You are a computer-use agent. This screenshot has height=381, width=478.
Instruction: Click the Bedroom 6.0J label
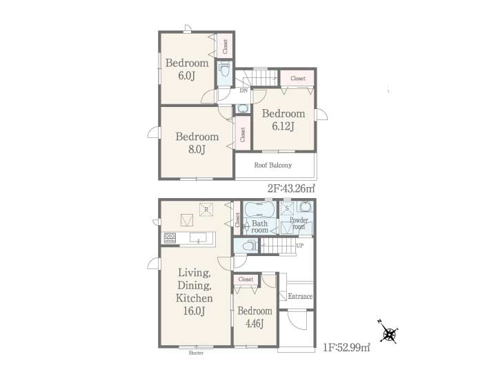[x=187, y=69]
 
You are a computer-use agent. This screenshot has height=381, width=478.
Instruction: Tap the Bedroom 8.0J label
[x=197, y=143]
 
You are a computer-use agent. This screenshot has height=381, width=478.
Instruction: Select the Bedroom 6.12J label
[x=283, y=120]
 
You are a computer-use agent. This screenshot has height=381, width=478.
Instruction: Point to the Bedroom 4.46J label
[x=255, y=317]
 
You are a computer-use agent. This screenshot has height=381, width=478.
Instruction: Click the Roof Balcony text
[x=273, y=166]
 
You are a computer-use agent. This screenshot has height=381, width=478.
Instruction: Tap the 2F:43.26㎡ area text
[x=291, y=188]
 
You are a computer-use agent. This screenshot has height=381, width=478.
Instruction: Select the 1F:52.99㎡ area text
[x=347, y=347]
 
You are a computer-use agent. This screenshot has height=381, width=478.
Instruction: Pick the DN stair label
[x=243, y=90]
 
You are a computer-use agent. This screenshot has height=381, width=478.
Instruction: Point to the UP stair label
[x=300, y=246]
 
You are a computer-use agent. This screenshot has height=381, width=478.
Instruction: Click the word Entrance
[x=300, y=296]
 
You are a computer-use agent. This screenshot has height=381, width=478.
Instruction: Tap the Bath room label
[x=259, y=226]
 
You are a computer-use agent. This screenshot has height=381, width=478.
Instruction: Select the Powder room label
[x=299, y=224]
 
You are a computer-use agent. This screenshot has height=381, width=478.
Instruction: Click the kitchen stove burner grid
[x=170, y=238]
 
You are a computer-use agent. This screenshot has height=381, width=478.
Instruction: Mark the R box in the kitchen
[x=206, y=210]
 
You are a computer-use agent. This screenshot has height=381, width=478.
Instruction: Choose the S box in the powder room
[x=287, y=208]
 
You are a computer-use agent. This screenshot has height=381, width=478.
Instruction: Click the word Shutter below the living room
[x=196, y=353]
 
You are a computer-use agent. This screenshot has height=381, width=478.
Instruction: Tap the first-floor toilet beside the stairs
[x=247, y=246]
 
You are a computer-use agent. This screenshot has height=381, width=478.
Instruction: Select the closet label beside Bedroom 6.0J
[x=225, y=46]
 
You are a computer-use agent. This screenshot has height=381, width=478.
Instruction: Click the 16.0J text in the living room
[x=195, y=311]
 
